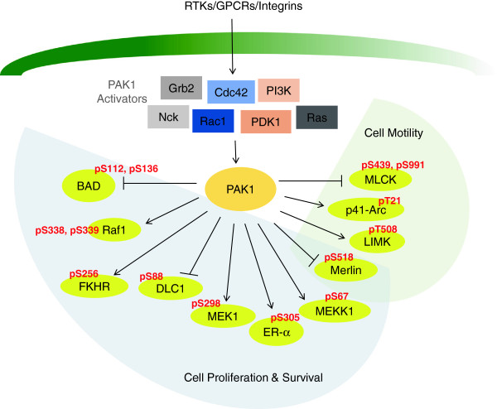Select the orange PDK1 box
(266, 122)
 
